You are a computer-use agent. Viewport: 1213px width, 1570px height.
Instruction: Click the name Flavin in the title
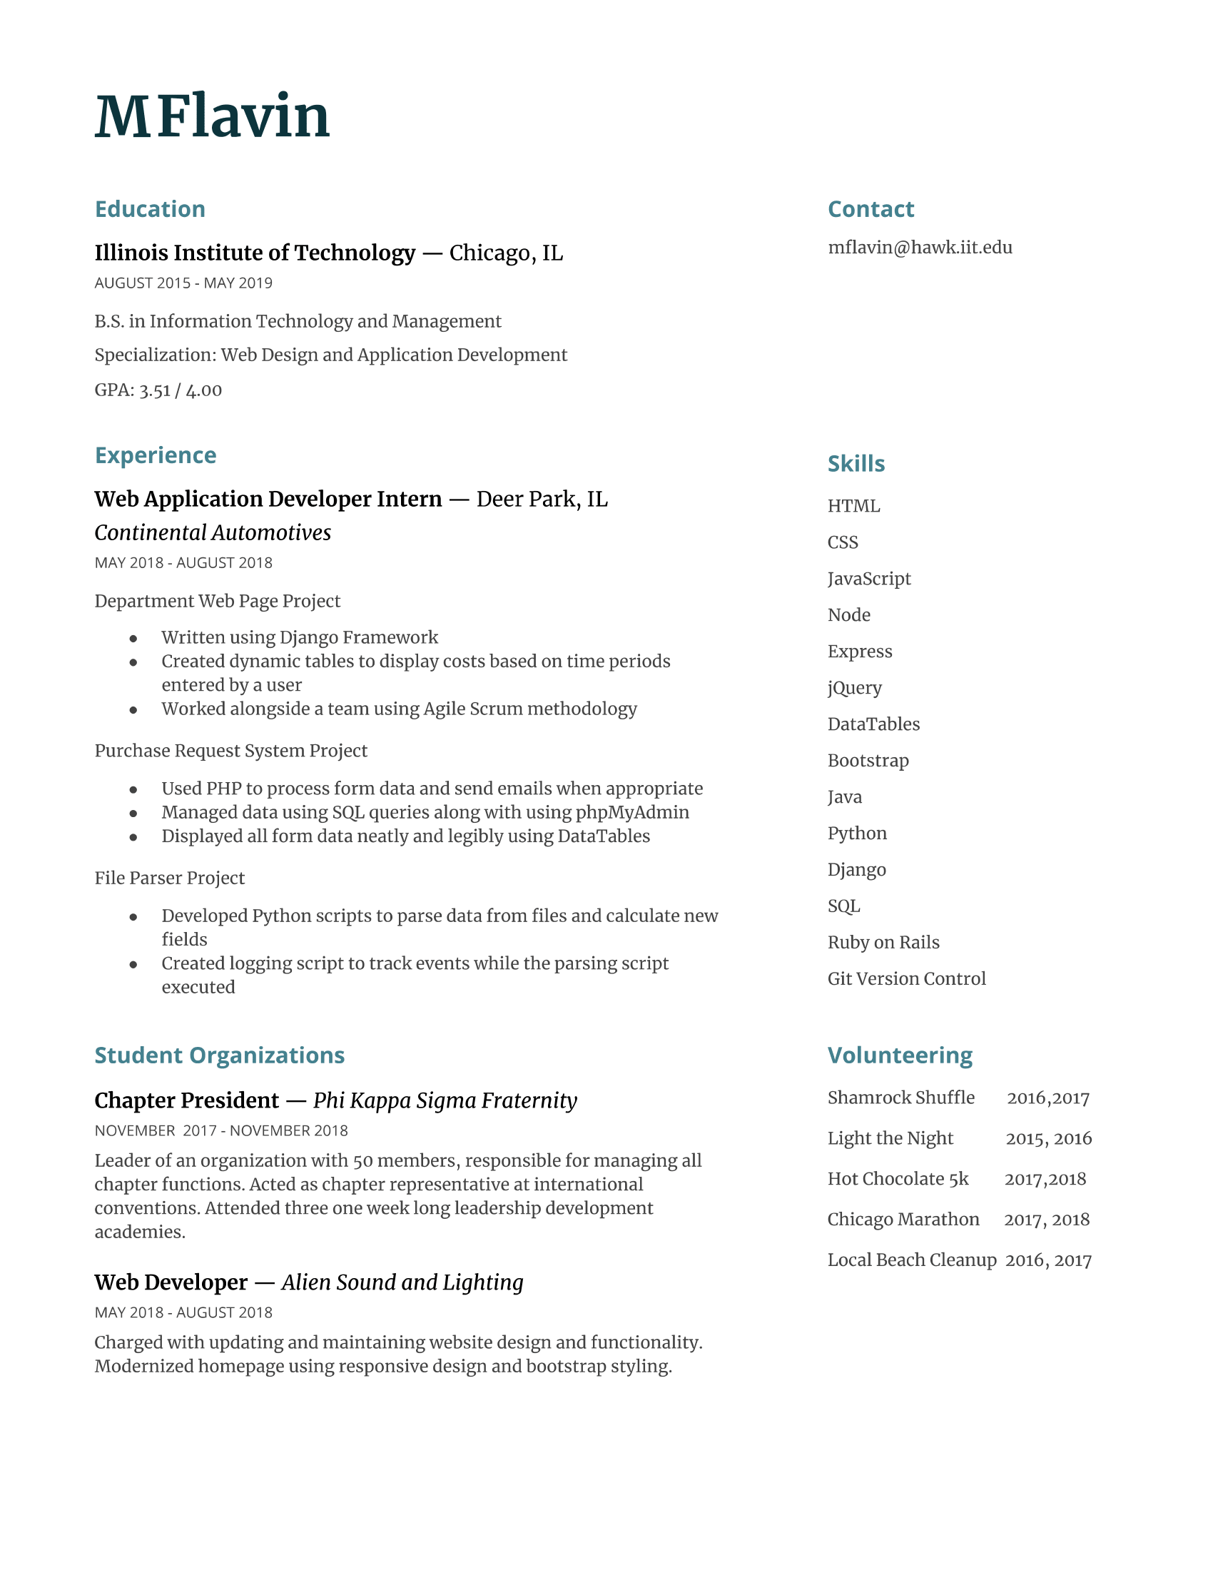click(244, 116)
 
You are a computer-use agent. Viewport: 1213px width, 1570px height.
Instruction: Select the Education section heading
click(150, 209)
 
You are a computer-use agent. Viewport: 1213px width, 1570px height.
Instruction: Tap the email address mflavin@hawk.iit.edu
click(920, 248)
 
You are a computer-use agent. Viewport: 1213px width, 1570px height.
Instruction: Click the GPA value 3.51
click(155, 390)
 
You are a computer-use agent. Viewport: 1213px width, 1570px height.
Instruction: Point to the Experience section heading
click(156, 455)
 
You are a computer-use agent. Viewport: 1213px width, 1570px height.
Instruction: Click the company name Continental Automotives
click(213, 532)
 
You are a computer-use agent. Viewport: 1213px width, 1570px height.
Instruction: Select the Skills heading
click(856, 464)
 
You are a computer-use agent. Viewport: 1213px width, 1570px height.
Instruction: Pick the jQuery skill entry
click(854, 688)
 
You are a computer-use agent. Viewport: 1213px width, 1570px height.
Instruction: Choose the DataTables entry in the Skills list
click(873, 724)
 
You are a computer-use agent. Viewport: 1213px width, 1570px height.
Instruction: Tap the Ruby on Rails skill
click(883, 943)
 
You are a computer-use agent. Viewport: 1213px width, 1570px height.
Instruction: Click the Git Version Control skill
click(906, 978)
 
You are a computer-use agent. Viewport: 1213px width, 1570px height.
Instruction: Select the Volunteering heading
click(900, 1055)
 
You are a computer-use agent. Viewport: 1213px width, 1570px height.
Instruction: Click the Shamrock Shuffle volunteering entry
click(901, 1098)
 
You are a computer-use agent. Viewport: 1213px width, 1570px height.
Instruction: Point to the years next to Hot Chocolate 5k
click(1045, 1179)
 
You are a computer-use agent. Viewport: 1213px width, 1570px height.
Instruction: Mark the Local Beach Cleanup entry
click(912, 1260)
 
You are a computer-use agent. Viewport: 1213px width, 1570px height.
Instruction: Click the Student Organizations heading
click(220, 1055)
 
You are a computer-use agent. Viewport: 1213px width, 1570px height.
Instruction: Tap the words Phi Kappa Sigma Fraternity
click(445, 1100)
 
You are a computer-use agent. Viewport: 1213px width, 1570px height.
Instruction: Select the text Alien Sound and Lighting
click(402, 1282)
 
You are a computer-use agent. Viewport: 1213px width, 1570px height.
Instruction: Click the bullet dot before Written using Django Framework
click(133, 639)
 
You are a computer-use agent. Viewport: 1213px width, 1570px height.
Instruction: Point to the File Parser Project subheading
click(170, 878)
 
